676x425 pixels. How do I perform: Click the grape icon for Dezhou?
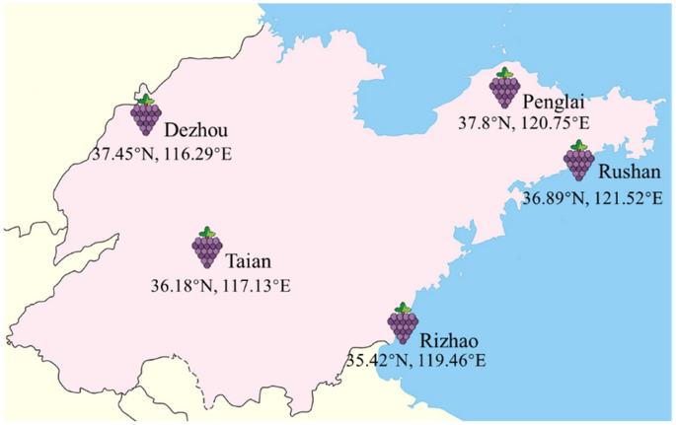[x=146, y=117]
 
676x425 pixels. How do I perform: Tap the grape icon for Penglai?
[x=504, y=90]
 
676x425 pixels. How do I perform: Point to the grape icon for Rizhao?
[x=403, y=324]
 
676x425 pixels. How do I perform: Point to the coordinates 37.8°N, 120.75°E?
[x=523, y=124]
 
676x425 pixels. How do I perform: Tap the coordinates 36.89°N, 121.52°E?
[x=593, y=198]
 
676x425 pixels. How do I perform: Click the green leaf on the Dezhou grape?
[x=146, y=100]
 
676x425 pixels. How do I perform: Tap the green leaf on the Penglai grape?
[x=504, y=72]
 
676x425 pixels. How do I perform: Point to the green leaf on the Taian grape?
[x=207, y=230]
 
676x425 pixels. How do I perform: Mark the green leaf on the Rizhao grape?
[x=402, y=307]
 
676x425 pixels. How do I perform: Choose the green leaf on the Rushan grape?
[x=579, y=144]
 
